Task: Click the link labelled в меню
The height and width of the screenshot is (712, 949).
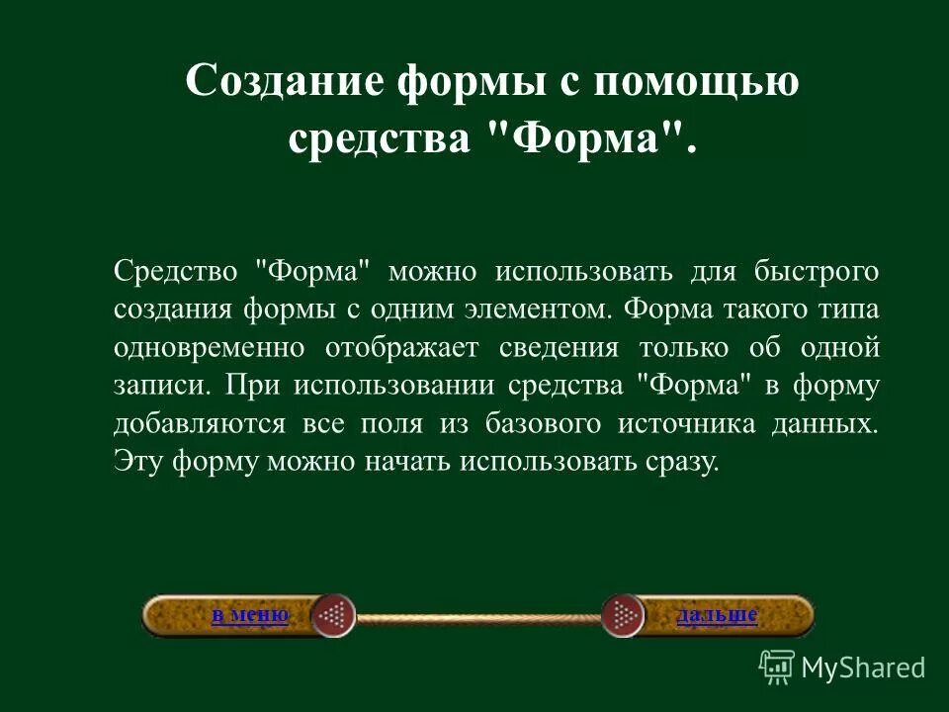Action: click(x=249, y=615)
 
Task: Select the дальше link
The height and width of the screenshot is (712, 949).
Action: click(x=717, y=615)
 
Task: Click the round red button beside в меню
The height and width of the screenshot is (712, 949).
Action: click(x=333, y=616)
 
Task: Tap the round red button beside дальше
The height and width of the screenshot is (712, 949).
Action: click(x=623, y=616)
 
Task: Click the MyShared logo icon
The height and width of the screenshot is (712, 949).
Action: click(x=777, y=667)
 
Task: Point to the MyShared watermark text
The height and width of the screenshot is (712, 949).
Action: click(x=863, y=667)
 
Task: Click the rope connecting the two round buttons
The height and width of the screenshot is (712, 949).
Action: click(x=478, y=617)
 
